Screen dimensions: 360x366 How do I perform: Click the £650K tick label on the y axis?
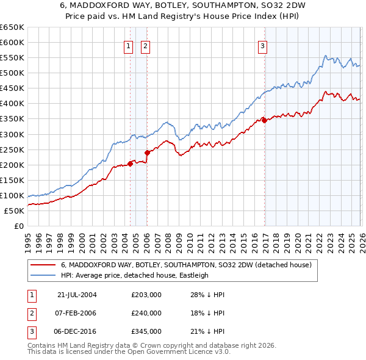point(12,27)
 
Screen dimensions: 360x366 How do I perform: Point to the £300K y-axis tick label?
point(12,134)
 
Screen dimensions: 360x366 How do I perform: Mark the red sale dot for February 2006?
point(147,153)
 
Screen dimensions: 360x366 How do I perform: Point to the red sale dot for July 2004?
point(131,164)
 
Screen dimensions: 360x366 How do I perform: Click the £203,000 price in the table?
point(146,294)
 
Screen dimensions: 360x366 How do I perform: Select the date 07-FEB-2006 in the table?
point(77,313)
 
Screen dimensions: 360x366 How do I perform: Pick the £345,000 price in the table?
point(146,331)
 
